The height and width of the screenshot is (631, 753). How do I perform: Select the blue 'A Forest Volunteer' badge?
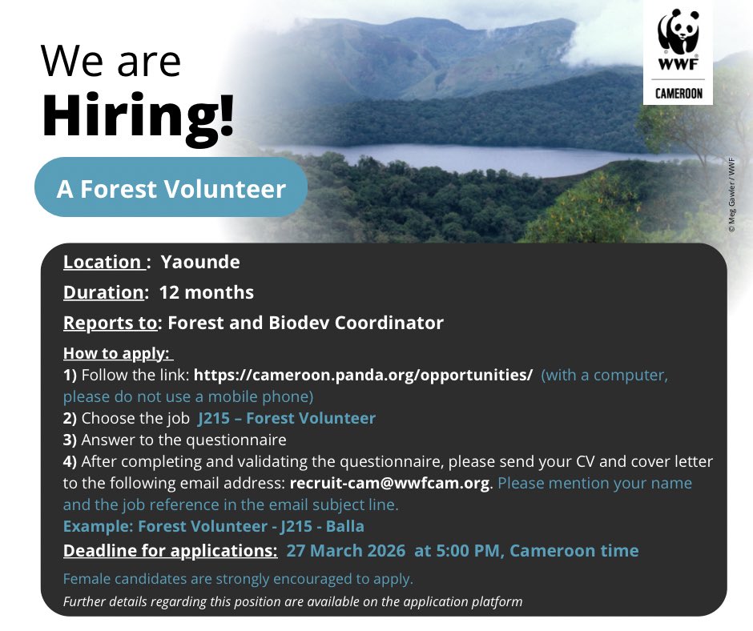click(x=171, y=189)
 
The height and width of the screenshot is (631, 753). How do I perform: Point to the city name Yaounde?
click(x=200, y=262)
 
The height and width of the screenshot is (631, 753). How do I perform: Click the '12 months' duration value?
click(x=207, y=292)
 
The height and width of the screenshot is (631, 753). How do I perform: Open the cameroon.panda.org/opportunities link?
click(x=363, y=376)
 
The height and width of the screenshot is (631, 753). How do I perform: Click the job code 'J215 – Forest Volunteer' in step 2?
click(x=286, y=418)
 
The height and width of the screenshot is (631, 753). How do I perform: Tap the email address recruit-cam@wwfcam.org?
click(x=389, y=484)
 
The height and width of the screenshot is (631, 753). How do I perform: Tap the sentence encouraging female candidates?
click(x=238, y=579)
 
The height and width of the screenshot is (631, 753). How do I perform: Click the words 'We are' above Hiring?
click(x=111, y=62)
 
